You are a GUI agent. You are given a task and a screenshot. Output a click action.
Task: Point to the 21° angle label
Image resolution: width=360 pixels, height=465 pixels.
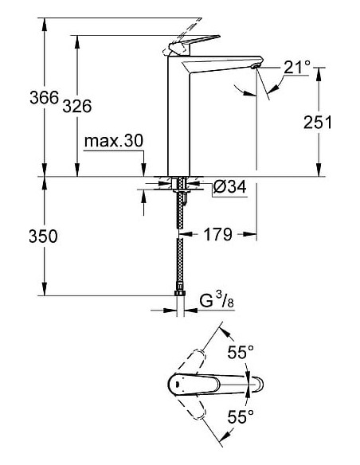[295, 68]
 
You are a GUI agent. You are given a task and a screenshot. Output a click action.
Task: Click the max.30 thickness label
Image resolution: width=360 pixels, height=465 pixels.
[113, 142]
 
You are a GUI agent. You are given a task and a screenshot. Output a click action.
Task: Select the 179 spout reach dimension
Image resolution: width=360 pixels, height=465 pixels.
[216, 235]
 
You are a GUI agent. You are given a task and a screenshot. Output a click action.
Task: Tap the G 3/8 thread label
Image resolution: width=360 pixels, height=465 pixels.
[216, 302]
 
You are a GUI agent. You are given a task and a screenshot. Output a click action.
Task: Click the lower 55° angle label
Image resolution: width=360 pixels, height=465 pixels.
[241, 416]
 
